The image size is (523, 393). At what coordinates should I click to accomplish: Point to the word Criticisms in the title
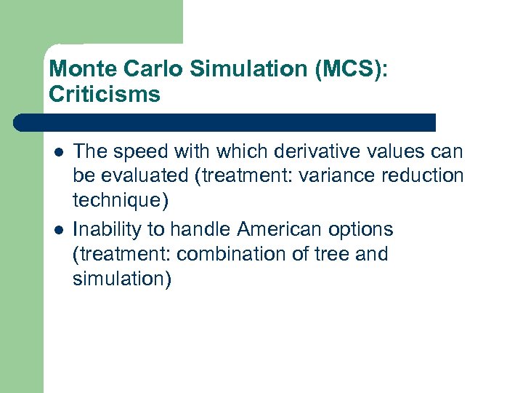tap(105, 95)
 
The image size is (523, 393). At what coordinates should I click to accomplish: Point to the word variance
tap(341, 176)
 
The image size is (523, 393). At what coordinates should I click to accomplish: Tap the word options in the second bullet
tap(361, 229)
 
